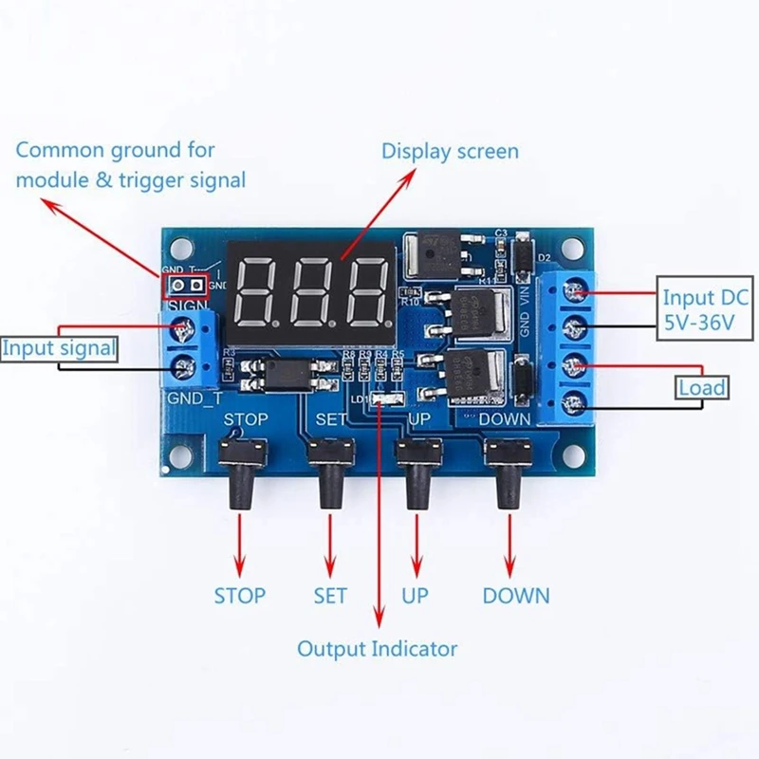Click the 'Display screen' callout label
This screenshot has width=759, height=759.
450,151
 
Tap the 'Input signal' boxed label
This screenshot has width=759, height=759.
59,348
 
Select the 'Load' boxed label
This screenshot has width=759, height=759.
702,387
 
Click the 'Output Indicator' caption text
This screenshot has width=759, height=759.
377,649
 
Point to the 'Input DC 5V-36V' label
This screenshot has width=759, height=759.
705,311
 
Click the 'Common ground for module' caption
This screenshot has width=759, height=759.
130,164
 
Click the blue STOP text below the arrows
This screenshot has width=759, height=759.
239,596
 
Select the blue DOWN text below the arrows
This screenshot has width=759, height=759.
515,596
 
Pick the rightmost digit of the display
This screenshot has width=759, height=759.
365,289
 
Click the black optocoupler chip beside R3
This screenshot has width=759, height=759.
290,373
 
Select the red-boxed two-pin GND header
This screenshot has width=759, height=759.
185,285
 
